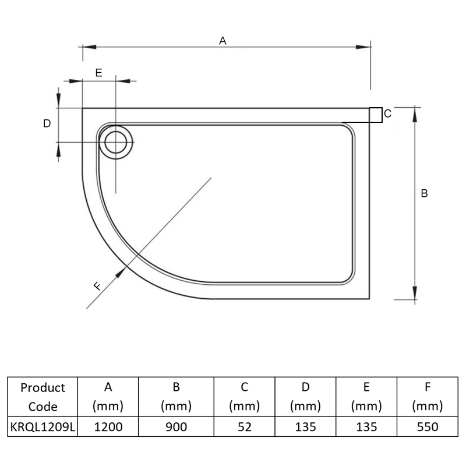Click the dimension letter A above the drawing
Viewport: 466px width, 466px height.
click(x=223, y=40)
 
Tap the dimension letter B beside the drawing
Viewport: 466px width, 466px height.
click(x=424, y=193)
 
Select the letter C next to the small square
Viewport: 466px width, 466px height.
click(x=387, y=114)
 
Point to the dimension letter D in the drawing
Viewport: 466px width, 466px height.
click(x=47, y=123)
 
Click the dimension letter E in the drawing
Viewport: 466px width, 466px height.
click(x=98, y=73)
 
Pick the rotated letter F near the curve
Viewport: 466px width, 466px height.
click(x=97, y=286)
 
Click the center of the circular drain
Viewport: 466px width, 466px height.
click(x=115, y=142)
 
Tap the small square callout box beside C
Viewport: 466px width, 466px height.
click(x=376, y=115)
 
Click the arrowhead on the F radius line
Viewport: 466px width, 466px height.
click(x=121, y=272)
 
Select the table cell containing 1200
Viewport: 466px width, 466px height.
click(x=108, y=426)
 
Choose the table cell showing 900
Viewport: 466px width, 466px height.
click(x=176, y=426)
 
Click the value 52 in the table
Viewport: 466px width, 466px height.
click(x=244, y=427)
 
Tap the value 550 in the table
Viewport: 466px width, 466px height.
click(x=428, y=427)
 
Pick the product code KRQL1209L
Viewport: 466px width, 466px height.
click(x=43, y=427)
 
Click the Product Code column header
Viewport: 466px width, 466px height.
click(x=43, y=397)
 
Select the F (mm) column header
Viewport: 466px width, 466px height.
click(x=428, y=397)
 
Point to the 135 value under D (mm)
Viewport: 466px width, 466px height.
click(x=305, y=427)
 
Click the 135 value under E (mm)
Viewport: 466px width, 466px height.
click(x=366, y=427)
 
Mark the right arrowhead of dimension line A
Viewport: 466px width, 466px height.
click(x=363, y=47)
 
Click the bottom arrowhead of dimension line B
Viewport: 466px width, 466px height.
click(x=415, y=293)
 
